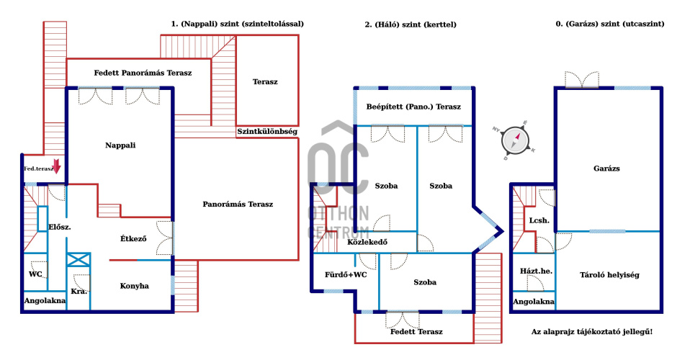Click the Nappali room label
[120, 145]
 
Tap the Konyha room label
[135, 286]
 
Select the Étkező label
[133, 238]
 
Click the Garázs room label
[607, 168]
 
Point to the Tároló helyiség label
[609, 274]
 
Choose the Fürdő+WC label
[346, 274]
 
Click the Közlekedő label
[367, 242]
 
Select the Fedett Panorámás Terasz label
[143, 73]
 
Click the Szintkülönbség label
[267, 132]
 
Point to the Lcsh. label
[539, 220]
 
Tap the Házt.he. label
[536, 271]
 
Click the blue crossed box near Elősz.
[78, 260]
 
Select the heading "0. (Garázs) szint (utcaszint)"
[609, 24]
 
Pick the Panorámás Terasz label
[237, 204]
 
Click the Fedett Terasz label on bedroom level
[416, 332]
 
